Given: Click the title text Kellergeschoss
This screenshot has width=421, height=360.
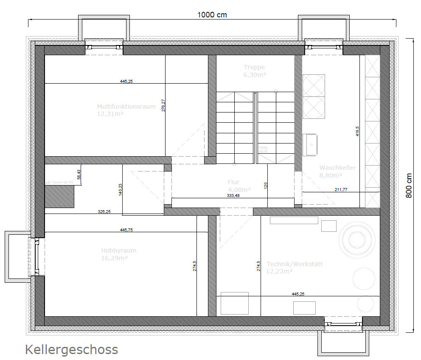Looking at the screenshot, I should click(x=71, y=349).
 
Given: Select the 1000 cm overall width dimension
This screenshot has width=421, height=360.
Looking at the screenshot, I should click(x=212, y=15).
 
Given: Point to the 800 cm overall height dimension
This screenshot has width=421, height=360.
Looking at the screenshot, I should click(x=409, y=186).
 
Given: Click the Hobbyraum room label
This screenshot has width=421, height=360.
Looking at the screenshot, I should click(x=118, y=250).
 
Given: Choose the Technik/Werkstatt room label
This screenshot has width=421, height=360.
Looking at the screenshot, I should click(x=294, y=264).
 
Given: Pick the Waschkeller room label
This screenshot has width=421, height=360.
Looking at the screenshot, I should click(x=337, y=168).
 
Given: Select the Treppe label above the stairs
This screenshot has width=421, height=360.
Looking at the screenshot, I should click(x=254, y=67).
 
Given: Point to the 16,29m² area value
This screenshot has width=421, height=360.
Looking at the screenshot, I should click(x=115, y=258).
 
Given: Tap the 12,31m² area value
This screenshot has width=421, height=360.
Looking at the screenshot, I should click(x=110, y=114).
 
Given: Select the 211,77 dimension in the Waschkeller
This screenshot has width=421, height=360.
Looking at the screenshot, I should click(x=340, y=190).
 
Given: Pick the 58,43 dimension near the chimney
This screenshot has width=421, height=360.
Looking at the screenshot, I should click(x=78, y=174).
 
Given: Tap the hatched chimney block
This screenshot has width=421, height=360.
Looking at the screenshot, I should click(x=59, y=196).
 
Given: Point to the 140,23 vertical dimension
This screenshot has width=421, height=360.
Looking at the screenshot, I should click(x=121, y=189).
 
